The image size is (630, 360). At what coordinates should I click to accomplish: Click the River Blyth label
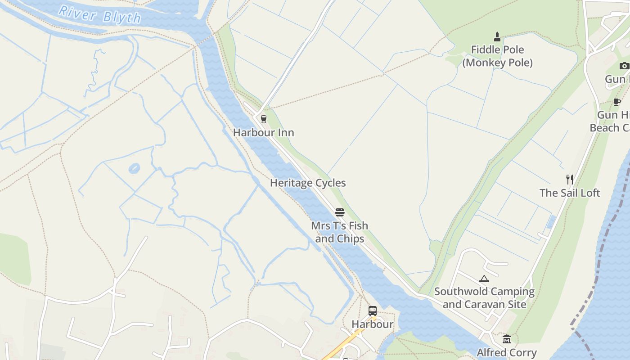[100, 15]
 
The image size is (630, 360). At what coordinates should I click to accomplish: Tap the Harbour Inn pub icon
[264, 119]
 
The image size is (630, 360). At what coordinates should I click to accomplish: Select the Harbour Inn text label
[264, 133]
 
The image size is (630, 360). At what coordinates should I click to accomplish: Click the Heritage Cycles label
[308, 183]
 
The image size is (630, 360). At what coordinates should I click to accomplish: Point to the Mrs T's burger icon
[340, 212]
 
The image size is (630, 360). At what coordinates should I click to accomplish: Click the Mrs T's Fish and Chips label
[340, 232]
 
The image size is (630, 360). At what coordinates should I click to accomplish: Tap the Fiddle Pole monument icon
[497, 37]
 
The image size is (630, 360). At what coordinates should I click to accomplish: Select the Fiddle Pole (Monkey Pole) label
[497, 56]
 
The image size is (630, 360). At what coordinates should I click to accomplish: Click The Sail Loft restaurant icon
[570, 180]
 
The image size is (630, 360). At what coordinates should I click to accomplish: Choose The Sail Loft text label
[570, 193]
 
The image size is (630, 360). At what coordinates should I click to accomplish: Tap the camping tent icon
[484, 279]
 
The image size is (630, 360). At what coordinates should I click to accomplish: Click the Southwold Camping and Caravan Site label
[484, 298]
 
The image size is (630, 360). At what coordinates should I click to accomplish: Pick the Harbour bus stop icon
[373, 310]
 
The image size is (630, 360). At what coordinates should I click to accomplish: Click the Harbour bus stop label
[373, 324]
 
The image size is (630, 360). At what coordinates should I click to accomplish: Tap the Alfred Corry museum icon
[507, 339]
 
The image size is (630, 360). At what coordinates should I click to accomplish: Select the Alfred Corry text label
[507, 352]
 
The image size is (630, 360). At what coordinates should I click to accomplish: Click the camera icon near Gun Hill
[624, 66]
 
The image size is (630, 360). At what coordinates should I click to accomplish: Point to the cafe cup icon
[617, 102]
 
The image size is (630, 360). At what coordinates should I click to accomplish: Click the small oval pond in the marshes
[134, 169]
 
